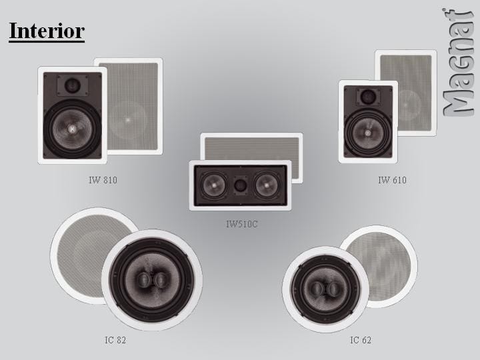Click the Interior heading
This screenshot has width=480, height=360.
click(47, 31)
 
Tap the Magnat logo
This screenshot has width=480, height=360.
click(457, 63)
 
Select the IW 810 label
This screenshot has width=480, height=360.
click(103, 180)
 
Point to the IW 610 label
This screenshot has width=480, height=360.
click(392, 180)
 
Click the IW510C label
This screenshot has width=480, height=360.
click(241, 224)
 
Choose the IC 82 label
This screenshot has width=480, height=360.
click(115, 340)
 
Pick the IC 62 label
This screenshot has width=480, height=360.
click(361, 340)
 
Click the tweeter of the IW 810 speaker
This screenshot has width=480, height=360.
click(73, 85)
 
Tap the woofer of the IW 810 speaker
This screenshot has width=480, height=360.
click(72, 129)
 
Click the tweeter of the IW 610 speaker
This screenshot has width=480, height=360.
click(368, 97)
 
